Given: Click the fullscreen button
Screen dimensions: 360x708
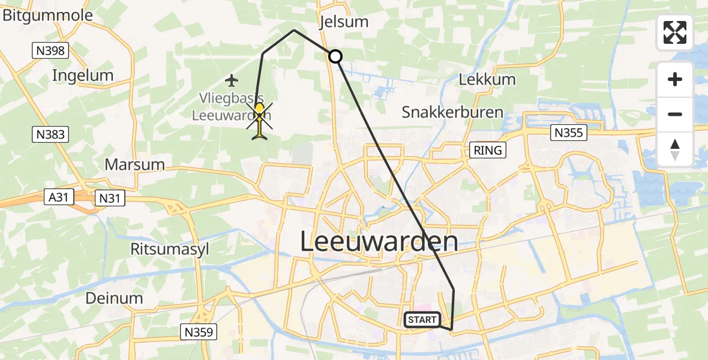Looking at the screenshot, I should point(675,32).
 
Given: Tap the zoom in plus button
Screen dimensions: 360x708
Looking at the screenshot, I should point(675,80).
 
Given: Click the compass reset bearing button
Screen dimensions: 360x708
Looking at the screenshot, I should point(675,149).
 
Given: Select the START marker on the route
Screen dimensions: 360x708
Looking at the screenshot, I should point(422,320).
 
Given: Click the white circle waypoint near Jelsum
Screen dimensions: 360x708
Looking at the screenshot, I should point(335,56).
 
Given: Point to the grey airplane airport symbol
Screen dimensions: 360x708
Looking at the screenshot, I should point(232,79).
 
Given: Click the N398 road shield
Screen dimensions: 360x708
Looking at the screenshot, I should point(50,51).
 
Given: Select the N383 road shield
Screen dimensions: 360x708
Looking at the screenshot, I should point(50,134).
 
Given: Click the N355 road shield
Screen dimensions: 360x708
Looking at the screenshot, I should point(568,133).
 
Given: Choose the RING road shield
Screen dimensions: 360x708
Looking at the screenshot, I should point(487,150).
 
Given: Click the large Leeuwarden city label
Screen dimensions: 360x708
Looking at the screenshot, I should point(378,242).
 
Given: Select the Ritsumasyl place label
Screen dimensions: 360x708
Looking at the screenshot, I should point(170,250).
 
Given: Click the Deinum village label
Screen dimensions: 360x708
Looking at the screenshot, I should point(114,298).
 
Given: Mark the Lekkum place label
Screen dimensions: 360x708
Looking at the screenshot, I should point(487,79).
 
